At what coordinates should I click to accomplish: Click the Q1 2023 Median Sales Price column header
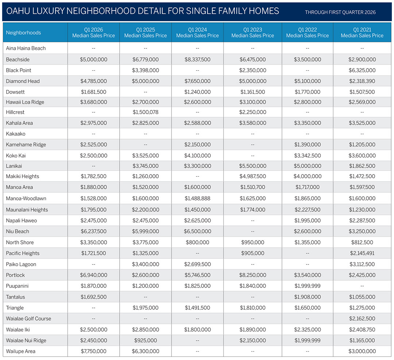pos(252,32)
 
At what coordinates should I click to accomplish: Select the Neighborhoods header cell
pos(23,32)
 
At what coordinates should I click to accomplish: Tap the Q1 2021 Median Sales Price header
pos(362,32)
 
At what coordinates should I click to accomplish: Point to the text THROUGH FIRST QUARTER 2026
pos(340,12)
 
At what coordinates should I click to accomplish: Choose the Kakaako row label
pos(16,134)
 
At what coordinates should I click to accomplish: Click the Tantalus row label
pos(15,297)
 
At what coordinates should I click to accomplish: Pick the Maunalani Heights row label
pos(27,210)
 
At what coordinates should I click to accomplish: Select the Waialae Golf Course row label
pos(28,318)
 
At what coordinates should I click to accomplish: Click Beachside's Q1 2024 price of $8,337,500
pos(197,59)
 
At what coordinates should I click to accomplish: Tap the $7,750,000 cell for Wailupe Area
pos(94,351)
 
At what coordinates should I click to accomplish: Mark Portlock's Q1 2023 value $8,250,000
pos(252,275)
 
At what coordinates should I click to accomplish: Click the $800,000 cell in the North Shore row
pos(197,242)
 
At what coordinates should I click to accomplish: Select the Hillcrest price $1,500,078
pos(145,112)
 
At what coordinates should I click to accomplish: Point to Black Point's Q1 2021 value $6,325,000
pos(362,70)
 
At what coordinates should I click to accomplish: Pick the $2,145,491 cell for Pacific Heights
pos(362,253)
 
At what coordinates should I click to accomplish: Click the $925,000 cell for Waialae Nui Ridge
pos(145,340)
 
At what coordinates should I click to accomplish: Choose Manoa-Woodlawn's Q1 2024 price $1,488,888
pos(197,199)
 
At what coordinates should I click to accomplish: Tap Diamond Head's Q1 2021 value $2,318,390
pos(362,81)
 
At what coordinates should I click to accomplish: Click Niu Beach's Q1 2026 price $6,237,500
pos(94,231)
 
